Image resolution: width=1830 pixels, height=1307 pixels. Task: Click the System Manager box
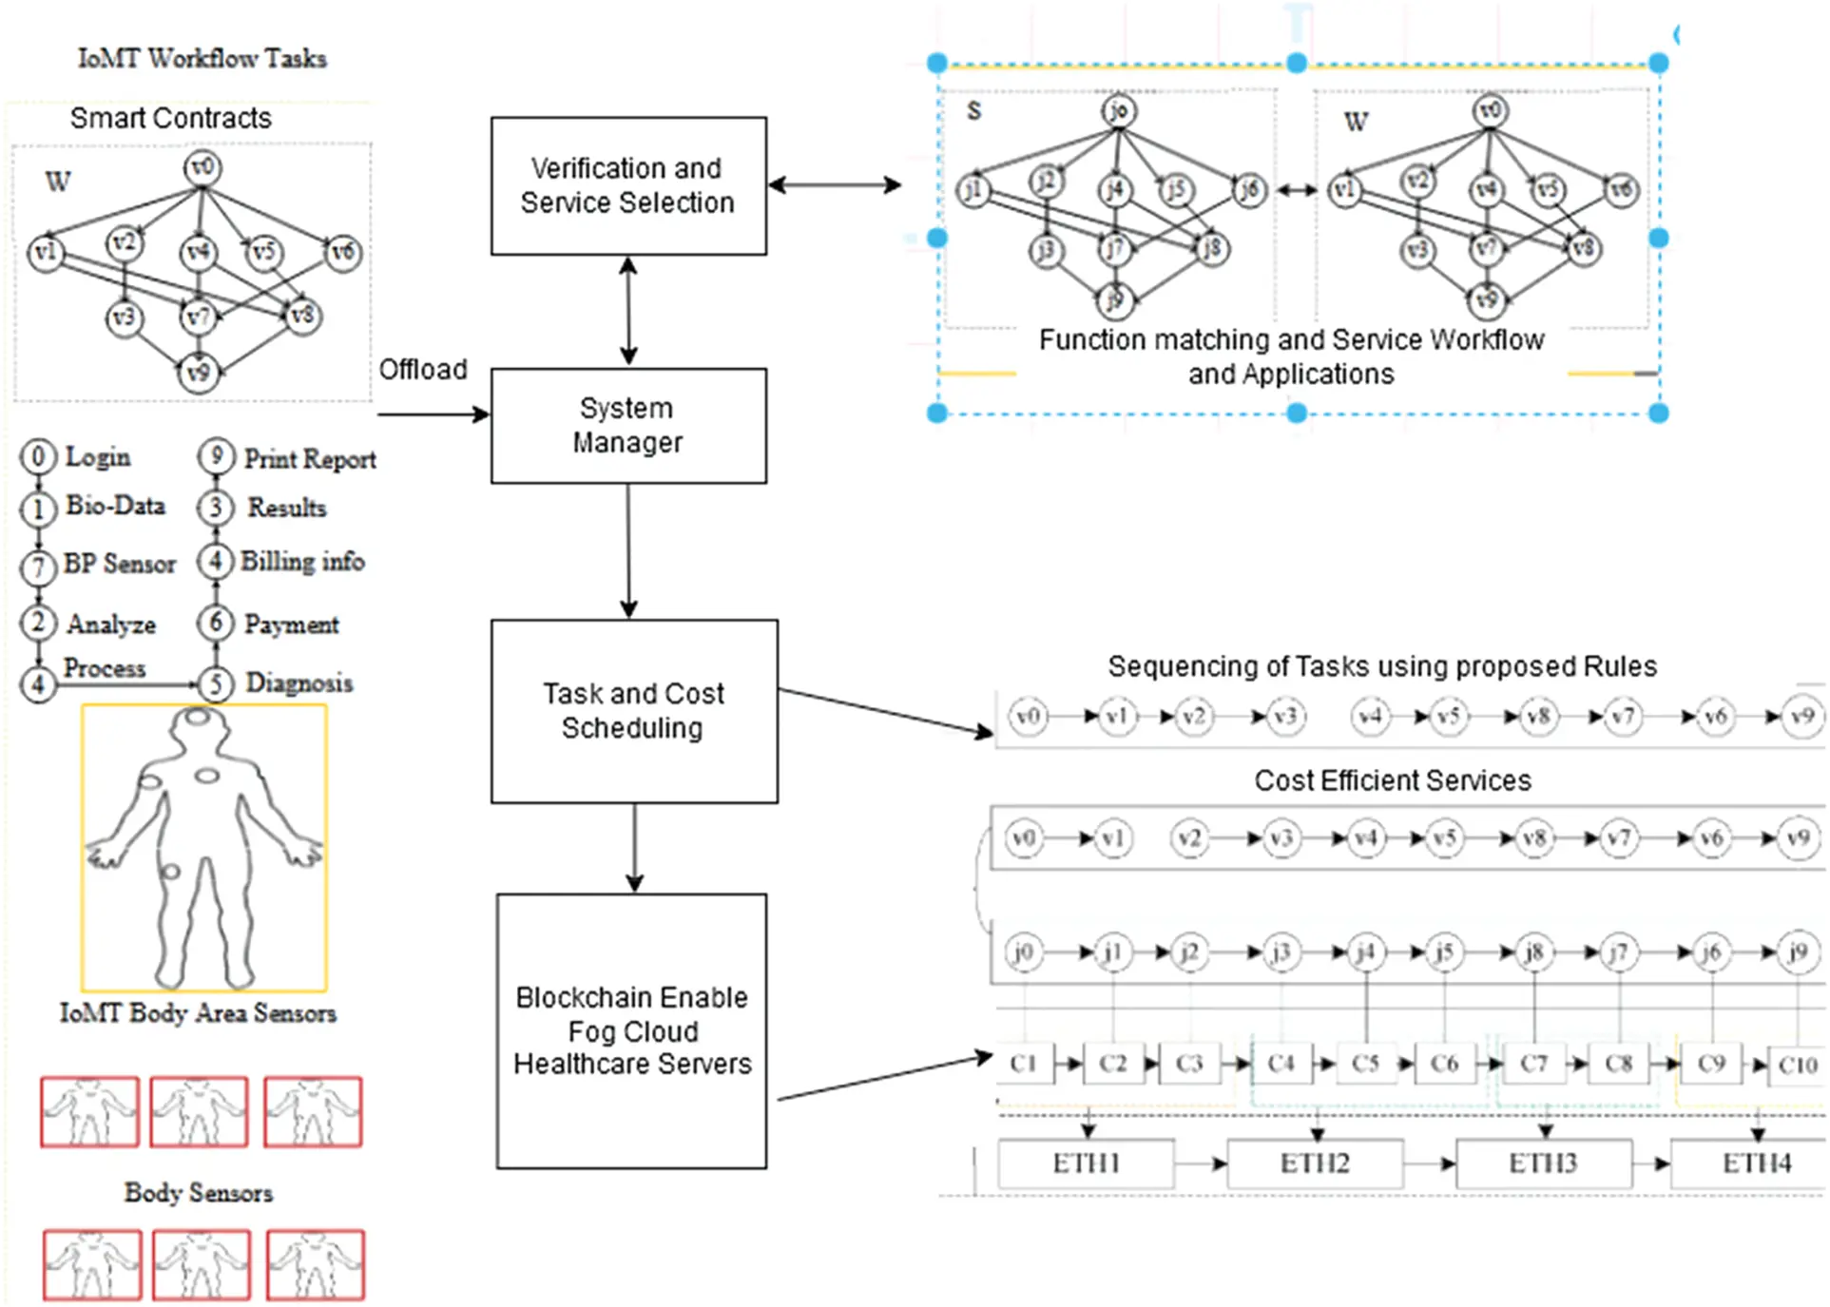pos(628,425)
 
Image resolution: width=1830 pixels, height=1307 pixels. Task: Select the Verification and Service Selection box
pos(628,185)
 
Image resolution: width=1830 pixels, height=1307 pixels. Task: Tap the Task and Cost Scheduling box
pos(634,711)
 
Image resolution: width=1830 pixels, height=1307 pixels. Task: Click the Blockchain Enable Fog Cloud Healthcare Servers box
pos(631,1030)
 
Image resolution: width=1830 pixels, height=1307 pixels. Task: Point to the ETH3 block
pos(1543,1163)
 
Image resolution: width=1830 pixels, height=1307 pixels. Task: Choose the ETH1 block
pos(1086,1163)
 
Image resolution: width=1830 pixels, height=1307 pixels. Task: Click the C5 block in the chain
pos(1365,1064)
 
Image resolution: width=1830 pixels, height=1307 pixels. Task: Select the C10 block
pos(1798,1066)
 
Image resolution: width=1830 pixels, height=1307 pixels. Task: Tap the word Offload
pos(423,369)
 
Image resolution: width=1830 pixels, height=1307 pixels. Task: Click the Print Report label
pos(310,459)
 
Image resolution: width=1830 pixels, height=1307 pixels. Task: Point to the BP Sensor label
pos(119,564)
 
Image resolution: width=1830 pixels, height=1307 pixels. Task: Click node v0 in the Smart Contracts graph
pos(202,168)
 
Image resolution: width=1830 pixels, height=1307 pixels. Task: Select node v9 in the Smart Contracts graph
pos(198,372)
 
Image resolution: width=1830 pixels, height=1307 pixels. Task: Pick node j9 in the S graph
pos(1114,301)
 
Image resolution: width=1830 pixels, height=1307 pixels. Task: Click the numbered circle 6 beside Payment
pos(216,623)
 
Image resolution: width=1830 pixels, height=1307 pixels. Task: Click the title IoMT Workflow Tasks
pos(202,59)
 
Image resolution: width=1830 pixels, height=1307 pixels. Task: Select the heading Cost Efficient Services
pos(1392,780)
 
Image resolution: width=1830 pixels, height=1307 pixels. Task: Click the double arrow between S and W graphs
pos(1296,191)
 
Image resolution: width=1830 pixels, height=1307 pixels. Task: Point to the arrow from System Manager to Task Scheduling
pos(628,551)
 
